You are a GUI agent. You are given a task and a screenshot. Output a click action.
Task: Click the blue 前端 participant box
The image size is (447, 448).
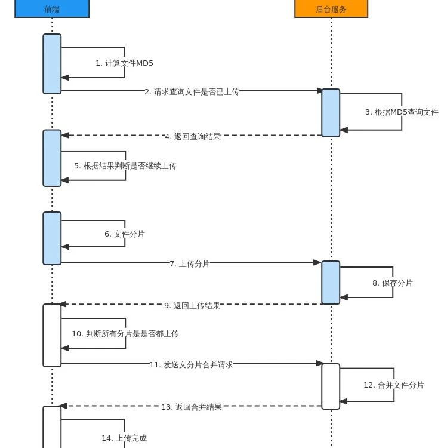click(52, 9)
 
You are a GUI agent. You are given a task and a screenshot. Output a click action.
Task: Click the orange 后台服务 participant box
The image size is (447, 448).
click(331, 9)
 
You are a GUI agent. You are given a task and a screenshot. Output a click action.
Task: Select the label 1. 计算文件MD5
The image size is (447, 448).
click(124, 63)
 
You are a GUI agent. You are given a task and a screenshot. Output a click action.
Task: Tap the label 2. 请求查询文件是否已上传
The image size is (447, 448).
click(192, 91)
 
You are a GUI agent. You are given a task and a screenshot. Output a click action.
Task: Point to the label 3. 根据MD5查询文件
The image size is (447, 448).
click(402, 112)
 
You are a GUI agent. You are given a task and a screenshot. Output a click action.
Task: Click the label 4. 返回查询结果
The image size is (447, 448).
click(193, 136)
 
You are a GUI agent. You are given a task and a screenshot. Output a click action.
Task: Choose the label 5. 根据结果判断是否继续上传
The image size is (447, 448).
click(125, 165)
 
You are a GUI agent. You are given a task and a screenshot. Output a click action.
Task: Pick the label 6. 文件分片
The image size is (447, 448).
click(125, 234)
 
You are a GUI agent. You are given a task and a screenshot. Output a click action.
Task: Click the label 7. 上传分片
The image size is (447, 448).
click(190, 263)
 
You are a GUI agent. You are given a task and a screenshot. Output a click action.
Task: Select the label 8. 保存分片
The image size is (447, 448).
click(393, 283)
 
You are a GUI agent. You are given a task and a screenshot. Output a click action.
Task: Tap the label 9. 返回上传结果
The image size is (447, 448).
click(192, 305)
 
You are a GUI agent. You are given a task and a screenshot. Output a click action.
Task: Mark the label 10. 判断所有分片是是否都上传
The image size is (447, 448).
click(125, 333)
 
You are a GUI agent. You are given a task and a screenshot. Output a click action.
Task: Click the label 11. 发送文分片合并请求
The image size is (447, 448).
click(191, 364)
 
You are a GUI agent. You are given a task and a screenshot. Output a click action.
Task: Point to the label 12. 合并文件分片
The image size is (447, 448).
click(394, 385)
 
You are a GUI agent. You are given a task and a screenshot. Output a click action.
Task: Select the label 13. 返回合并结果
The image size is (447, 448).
click(192, 407)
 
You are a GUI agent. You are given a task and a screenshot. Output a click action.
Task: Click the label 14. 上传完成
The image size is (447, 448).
click(124, 438)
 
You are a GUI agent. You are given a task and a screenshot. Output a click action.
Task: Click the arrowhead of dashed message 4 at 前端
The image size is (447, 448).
click(65, 136)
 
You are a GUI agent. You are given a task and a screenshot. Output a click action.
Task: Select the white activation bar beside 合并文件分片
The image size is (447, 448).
click(331, 386)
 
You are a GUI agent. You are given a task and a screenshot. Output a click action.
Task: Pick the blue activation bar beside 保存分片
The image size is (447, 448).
click(331, 283)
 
